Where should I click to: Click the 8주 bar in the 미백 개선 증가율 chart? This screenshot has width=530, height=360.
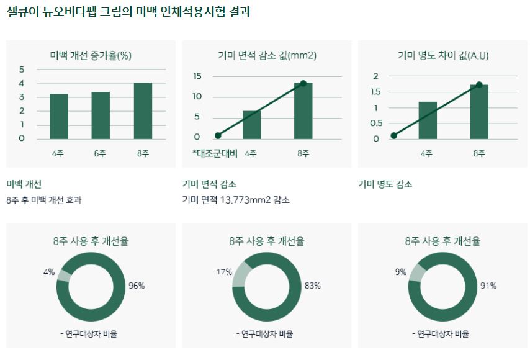[x=143, y=110]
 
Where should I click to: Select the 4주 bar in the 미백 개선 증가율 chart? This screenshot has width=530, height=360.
[x=59, y=116]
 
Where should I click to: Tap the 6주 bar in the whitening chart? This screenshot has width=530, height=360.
[x=101, y=115]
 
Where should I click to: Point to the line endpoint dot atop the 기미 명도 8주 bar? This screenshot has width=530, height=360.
[x=479, y=84]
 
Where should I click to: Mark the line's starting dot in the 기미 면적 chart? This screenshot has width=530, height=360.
[x=218, y=135]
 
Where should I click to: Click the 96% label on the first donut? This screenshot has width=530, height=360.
[x=137, y=286]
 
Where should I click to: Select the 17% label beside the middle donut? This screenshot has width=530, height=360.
[x=224, y=272]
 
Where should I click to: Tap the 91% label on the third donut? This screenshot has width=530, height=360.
[x=488, y=286]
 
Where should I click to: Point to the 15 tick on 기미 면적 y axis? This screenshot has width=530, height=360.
[x=197, y=76]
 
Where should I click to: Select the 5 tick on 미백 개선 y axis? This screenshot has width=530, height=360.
[x=22, y=70]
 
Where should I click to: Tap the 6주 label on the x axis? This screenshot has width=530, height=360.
[x=101, y=153]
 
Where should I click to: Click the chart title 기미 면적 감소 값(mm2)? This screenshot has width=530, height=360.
[x=267, y=55]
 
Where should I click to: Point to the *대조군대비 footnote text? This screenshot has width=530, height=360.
[x=215, y=153]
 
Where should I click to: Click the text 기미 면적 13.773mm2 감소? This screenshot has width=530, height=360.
[x=236, y=200]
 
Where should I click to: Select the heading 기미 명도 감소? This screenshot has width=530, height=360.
[x=385, y=184]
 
